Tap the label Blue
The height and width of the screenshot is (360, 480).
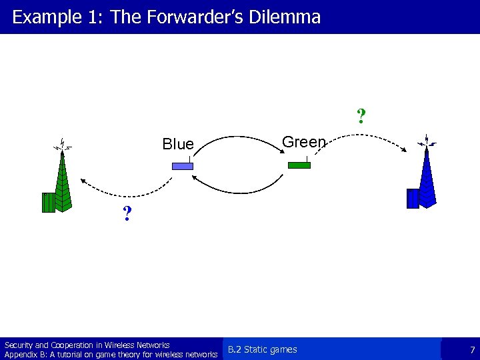click(x=178, y=144)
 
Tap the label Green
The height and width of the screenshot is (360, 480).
click(x=304, y=142)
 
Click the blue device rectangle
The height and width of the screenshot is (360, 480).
click(x=182, y=166)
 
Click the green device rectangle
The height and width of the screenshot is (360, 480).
click(x=299, y=165)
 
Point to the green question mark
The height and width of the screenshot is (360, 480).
click(x=361, y=117)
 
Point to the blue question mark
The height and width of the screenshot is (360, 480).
click(x=127, y=215)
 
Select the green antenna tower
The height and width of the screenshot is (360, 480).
click(x=62, y=180)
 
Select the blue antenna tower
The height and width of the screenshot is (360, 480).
click(x=427, y=177)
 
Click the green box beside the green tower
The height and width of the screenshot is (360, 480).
click(x=48, y=202)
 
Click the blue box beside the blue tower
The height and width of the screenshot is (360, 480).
click(x=413, y=199)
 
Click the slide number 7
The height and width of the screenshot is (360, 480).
click(x=472, y=350)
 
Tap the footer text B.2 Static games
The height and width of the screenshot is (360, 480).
click(x=263, y=349)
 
